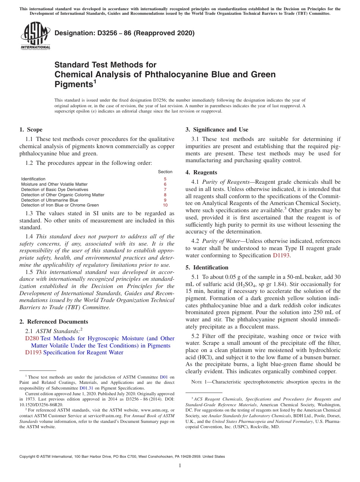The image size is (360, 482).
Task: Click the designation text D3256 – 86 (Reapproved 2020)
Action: (124, 33)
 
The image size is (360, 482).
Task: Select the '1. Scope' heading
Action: (31, 130)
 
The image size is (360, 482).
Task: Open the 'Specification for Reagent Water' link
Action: (83, 352)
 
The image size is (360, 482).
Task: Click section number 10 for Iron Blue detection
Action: (165, 205)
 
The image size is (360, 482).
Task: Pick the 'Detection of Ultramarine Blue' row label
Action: (50, 200)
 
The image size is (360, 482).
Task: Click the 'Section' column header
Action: (165, 172)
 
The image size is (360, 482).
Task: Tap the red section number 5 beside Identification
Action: (165, 179)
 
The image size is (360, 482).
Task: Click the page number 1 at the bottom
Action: (180, 466)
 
